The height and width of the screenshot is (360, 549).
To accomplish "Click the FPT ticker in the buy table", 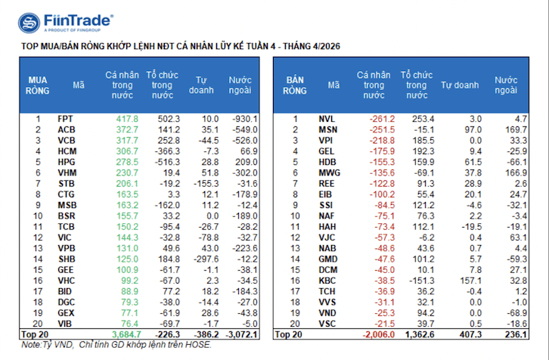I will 66,119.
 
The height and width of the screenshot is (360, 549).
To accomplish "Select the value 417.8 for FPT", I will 126,119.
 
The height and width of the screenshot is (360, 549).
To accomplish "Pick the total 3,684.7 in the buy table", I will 126,334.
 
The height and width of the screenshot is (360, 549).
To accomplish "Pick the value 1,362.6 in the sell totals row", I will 415,334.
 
